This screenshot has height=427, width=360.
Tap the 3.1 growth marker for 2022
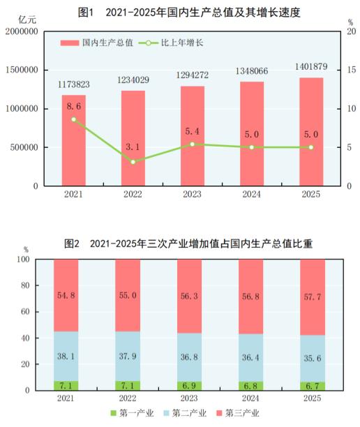pyautogui.click(x=133, y=162)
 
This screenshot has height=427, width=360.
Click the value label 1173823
pyautogui.click(x=73, y=86)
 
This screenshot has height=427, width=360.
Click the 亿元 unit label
pyautogui.click(x=17, y=19)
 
